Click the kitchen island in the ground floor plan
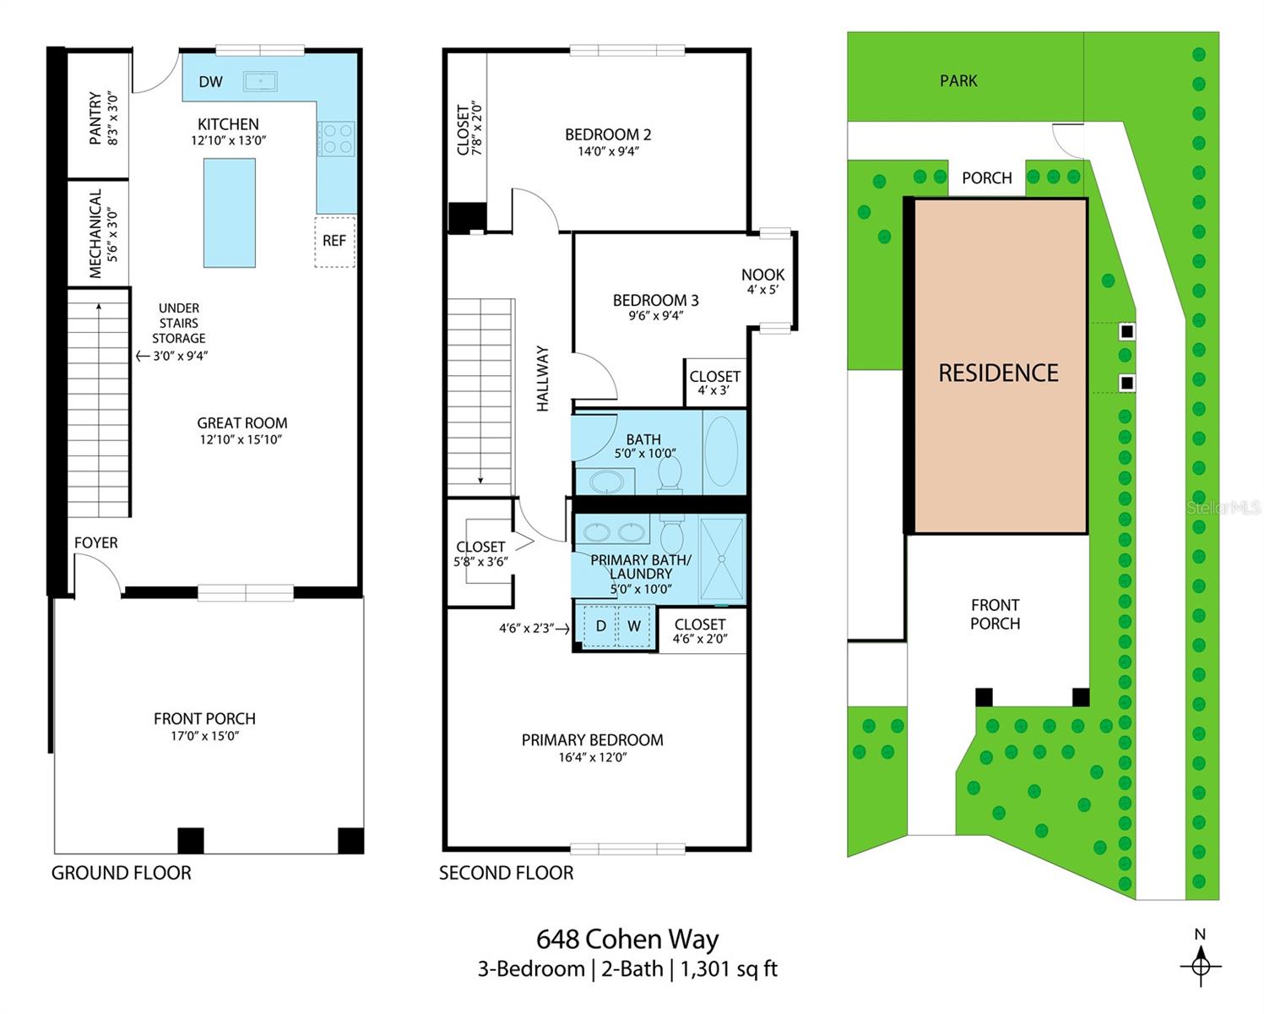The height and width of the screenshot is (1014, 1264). (x=229, y=212)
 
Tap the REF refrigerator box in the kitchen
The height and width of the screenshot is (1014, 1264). (x=334, y=241)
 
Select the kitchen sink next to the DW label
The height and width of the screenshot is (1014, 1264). (x=260, y=82)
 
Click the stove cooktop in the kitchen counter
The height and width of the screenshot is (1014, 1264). (x=336, y=139)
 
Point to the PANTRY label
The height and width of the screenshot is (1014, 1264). (x=95, y=118)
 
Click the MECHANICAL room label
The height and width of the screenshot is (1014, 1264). (x=95, y=233)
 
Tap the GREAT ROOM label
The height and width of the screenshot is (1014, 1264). (x=242, y=423)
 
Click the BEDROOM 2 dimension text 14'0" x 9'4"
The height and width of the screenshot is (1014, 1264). (x=608, y=152)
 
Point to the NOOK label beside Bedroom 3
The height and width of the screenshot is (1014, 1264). (x=762, y=275)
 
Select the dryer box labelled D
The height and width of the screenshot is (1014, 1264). (x=600, y=626)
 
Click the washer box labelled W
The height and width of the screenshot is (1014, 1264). (x=634, y=626)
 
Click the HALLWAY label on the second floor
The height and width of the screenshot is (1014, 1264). (x=543, y=379)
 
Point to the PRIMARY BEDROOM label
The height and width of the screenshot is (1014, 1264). (x=592, y=740)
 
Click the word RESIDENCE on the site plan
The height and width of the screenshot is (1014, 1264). (x=998, y=373)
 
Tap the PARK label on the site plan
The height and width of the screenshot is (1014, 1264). (x=958, y=81)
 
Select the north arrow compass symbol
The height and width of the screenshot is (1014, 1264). (x=1200, y=964)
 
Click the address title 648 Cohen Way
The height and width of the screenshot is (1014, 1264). (x=627, y=940)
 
